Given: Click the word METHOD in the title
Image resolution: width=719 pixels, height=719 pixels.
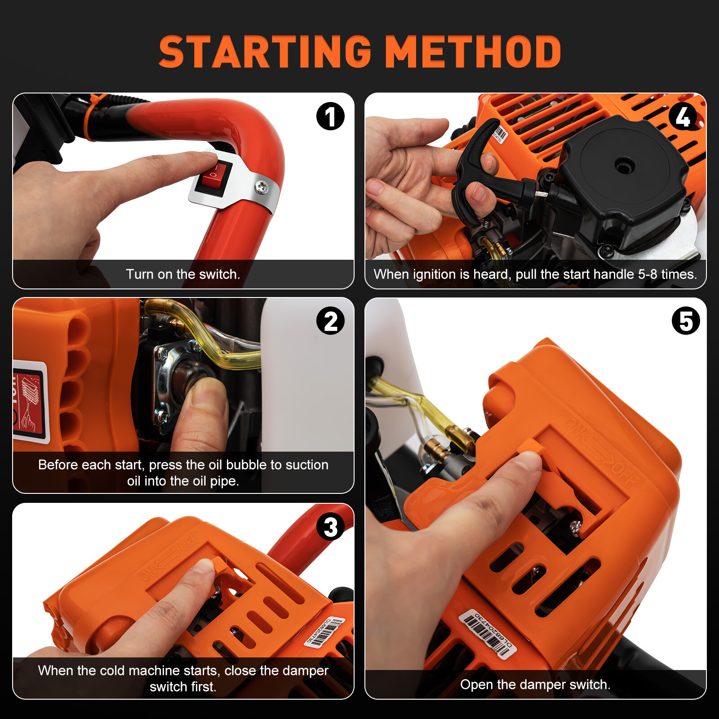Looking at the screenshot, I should [473, 52].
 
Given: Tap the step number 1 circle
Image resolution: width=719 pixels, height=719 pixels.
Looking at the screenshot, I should [330, 116].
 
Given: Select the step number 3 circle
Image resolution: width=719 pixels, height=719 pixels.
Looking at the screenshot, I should [330, 527].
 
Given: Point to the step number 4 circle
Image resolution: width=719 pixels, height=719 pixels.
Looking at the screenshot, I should [683, 116].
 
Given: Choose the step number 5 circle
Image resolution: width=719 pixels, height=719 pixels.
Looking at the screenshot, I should [686, 321].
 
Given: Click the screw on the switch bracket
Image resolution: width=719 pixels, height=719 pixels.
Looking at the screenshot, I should [262, 186].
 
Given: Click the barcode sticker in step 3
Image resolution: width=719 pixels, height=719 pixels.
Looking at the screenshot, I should [325, 633].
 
